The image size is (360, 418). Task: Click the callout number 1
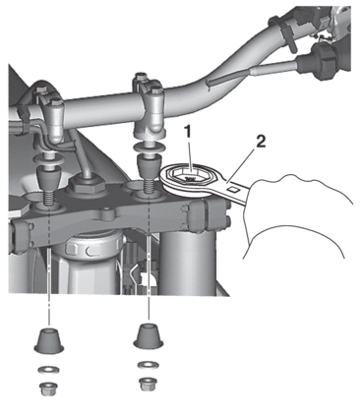188,132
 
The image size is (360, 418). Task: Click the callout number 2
261,143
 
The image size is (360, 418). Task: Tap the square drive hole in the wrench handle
234,189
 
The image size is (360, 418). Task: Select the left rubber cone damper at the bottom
49,339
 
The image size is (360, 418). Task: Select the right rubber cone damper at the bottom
149,336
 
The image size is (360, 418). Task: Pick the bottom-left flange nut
48,388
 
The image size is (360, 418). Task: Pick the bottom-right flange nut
148,385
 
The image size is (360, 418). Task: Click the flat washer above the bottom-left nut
48,370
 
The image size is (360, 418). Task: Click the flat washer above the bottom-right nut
148,365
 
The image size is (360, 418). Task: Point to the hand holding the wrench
295,214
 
